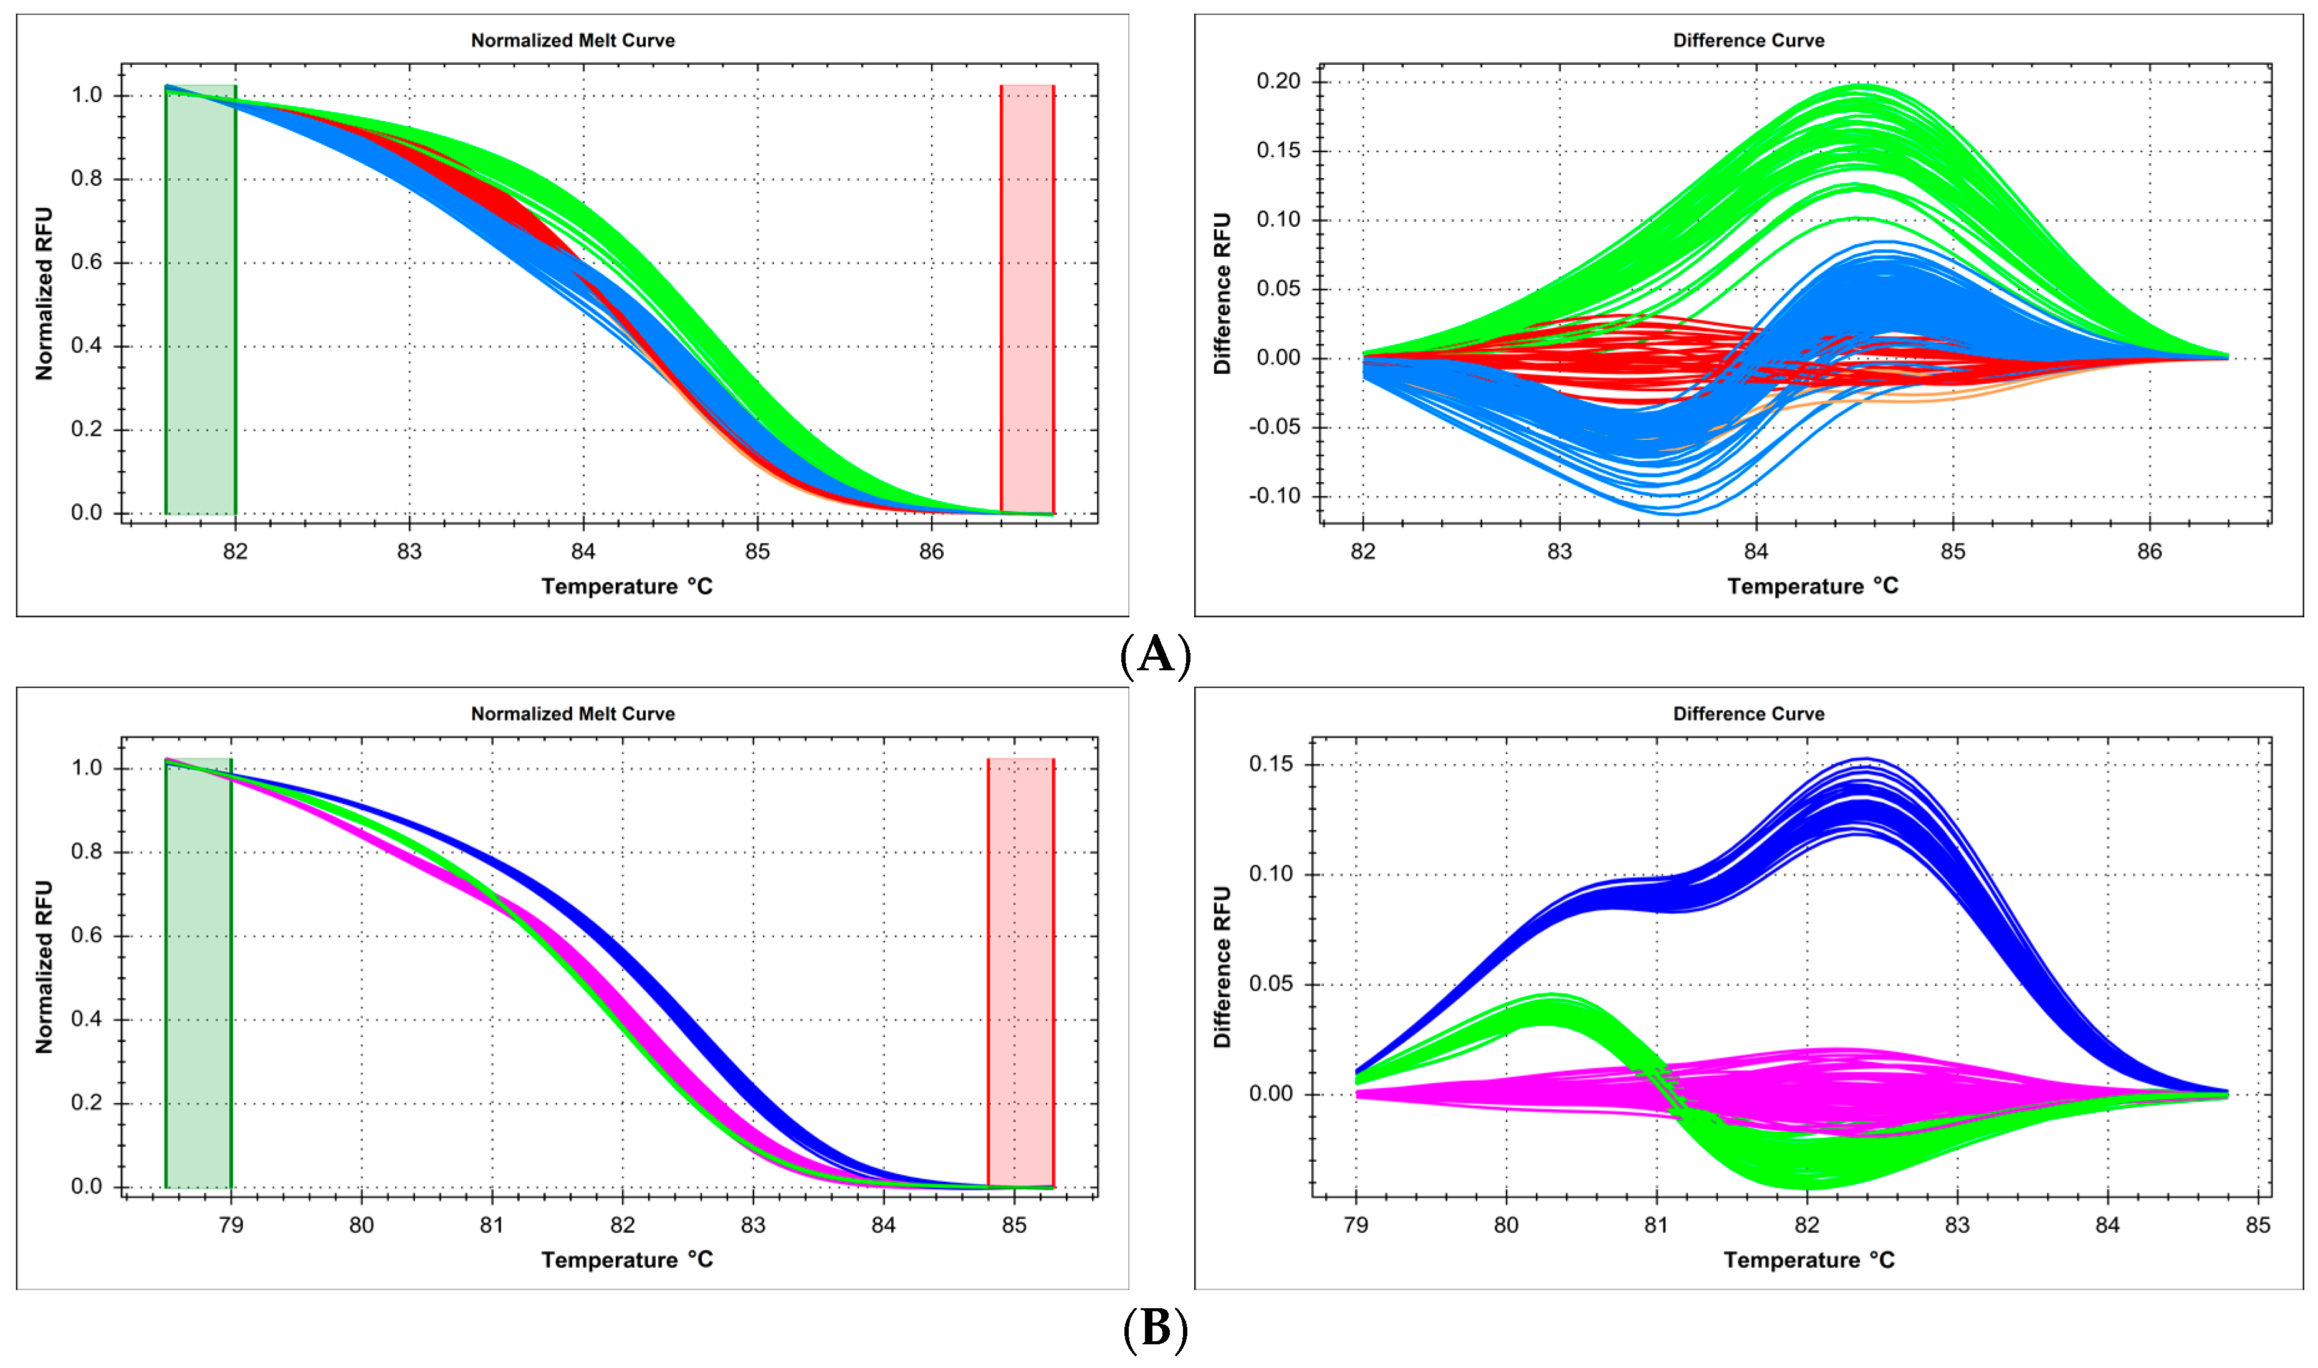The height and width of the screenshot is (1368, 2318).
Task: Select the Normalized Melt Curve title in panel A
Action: click(573, 40)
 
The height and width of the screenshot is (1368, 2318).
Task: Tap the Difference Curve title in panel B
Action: click(1748, 713)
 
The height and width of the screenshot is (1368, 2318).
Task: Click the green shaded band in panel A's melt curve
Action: click(201, 300)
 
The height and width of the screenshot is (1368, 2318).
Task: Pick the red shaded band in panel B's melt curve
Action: click(1021, 972)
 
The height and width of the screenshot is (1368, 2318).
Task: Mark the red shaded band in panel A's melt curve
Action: click(1027, 300)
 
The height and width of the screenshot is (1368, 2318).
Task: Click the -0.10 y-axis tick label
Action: click(1274, 496)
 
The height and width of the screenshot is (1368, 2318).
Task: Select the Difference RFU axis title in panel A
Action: click(1222, 293)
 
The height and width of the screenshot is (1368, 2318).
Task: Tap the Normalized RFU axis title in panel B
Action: click(44, 967)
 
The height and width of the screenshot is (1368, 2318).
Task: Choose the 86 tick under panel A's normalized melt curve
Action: click(931, 551)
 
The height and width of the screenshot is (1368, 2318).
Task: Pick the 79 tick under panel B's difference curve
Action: click(1356, 1225)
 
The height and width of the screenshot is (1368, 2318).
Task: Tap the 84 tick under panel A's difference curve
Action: click(1756, 551)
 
